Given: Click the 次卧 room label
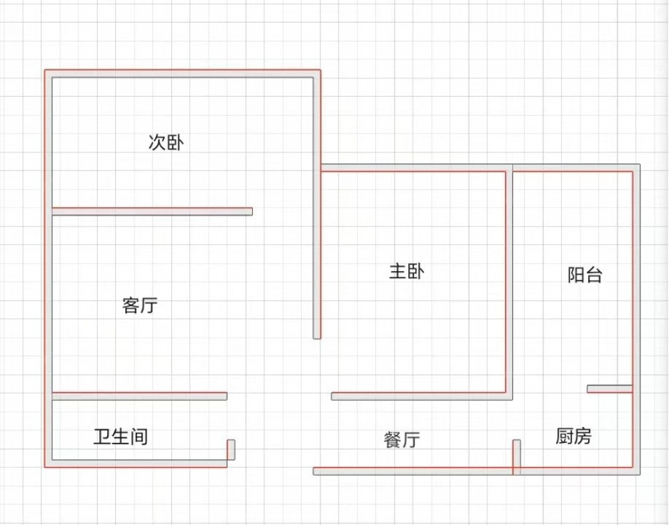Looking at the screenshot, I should [x=166, y=143].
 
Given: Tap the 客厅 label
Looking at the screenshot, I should [x=140, y=306].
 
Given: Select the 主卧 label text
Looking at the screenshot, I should [x=406, y=272].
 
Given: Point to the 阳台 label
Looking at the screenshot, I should [x=585, y=275].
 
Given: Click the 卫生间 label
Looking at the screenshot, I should [x=120, y=437].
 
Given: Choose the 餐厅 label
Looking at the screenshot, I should [x=401, y=440].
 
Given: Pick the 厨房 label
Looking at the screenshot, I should [x=573, y=437].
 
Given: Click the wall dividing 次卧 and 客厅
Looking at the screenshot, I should [x=152, y=212].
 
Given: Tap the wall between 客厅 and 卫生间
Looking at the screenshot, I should [x=139, y=396].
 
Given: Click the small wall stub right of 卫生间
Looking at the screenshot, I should [x=231, y=450].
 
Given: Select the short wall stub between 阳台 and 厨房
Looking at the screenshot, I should [x=609, y=389].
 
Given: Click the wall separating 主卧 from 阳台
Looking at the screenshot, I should [x=508, y=281].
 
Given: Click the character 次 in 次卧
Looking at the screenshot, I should [x=157, y=143].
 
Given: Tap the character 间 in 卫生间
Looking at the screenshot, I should [x=138, y=437].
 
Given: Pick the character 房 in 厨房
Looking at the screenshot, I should [x=583, y=437].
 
